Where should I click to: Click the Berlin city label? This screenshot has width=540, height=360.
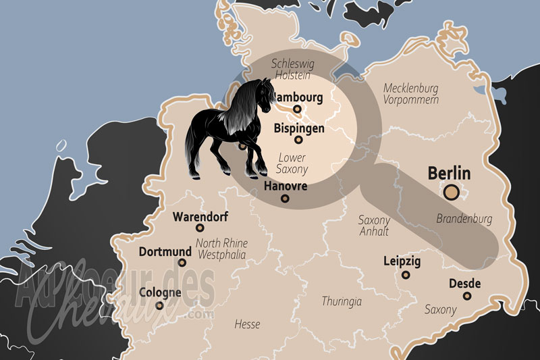coord(449,172)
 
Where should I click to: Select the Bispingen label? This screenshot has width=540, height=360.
coord(299,128)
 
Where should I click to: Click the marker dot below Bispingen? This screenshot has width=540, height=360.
coord(299,140)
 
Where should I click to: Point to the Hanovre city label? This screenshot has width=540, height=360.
coord(286,186)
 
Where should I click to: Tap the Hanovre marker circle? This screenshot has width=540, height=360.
coord(285,199)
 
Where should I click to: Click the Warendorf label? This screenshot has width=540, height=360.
coord(200,217)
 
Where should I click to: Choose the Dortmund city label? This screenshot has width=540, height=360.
coord(165,252)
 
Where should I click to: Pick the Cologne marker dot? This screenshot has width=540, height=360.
coord(160,305)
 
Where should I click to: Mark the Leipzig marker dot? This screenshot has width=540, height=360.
coord(406,275)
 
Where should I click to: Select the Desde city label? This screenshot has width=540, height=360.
coord(465,284)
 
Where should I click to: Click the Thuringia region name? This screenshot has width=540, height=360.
coord(342,301)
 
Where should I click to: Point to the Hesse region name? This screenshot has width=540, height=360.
coord(247,324)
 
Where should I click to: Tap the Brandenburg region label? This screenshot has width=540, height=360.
coord(464,219)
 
